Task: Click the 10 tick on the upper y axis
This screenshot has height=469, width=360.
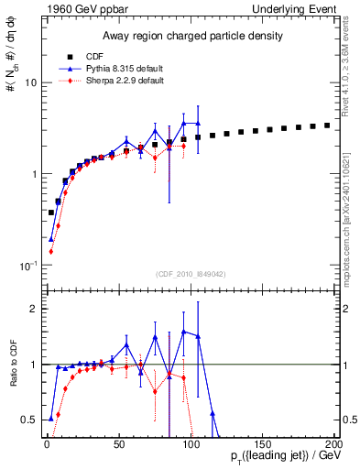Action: pos(28,82)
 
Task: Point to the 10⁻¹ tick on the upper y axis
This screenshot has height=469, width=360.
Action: pos(27,266)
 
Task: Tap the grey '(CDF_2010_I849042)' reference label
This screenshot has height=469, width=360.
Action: pos(189,273)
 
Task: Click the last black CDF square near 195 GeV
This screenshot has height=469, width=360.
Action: pos(327,125)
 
